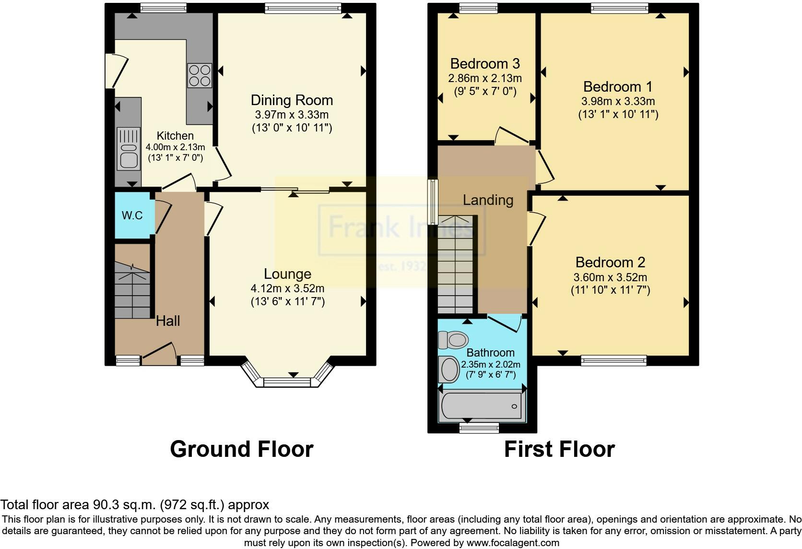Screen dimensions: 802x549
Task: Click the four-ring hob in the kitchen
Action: point(200,75)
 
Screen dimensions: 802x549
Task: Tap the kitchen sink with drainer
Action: point(128,149)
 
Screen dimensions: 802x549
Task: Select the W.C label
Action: point(132,215)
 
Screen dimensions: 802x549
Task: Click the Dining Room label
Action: point(292,100)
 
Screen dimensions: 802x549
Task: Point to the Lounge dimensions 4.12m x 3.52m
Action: point(287,288)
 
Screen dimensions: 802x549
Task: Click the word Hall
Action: point(168,321)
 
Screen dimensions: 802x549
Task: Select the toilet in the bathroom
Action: point(453,340)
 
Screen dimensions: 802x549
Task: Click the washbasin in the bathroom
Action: point(448,369)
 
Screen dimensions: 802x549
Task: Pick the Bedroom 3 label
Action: point(485,64)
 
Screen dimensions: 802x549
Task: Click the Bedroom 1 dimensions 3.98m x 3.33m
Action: point(618,101)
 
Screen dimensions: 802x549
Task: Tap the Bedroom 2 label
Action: point(610,263)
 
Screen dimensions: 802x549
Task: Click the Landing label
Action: point(488,200)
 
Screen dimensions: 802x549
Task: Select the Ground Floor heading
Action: point(242,449)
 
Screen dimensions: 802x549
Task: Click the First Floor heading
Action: point(559,449)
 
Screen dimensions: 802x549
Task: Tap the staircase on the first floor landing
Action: point(455,265)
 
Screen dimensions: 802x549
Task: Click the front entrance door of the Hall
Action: point(159,354)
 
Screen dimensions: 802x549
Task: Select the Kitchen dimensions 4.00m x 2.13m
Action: point(175,147)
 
